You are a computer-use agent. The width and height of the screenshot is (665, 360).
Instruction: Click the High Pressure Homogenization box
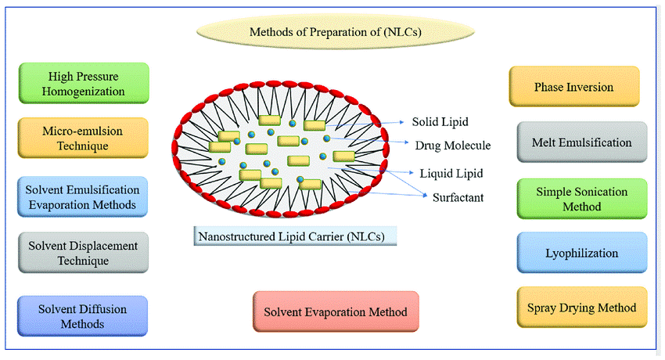pyautogui.click(x=84, y=83)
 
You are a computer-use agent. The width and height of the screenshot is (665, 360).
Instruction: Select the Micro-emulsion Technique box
pyautogui.click(x=83, y=138)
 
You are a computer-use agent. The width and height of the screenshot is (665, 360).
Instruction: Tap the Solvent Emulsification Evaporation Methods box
pyautogui.click(x=82, y=196)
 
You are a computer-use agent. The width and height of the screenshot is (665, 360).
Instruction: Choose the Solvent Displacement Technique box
pyautogui.click(x=83, y=253)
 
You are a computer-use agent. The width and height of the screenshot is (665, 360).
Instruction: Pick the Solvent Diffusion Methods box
pyautogui.click(x=82, y=316)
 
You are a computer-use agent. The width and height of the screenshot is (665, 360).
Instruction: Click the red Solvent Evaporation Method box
pyautogui.click(x=336, y=311)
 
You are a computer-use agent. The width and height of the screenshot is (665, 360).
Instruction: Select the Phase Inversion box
pyautogui.click(x=573, y=87)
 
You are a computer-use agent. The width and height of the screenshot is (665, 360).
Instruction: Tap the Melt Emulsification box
pyautogui.click(x=582, y=142)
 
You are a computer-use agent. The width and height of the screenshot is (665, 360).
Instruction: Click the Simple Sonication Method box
pyautogui.click(x=582, y=199)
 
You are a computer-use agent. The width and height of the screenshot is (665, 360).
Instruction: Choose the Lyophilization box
pyautogui.click(x=582, y=253)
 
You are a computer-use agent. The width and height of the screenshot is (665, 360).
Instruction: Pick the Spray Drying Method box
pyautogui.click(x=582, y=308)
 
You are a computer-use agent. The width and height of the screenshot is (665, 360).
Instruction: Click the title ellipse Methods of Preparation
pyautogui.click(x=336, y=32)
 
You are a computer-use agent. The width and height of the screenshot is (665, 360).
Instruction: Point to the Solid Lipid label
pyautogui.click(x=440, y=122)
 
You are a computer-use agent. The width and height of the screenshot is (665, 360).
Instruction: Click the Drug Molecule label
pyautogui.click(x=452, y=146)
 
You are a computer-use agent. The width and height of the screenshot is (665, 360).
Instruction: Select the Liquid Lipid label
pyautogui.click(x=451, y=174)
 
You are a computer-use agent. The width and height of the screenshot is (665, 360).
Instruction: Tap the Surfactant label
pyautogui.click(x=458, y=197)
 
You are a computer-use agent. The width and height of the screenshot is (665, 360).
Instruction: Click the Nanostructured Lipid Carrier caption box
pyautogui.click(x=295, y=236)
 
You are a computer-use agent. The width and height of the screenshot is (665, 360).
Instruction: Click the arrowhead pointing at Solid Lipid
pyautogui.click(x=402, y=122)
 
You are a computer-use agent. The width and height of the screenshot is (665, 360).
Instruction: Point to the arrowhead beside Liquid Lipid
pyautogui.click(x=411, y=173)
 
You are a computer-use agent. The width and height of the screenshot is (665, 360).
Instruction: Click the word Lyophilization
pyautogui.click(x=582, y=253)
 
